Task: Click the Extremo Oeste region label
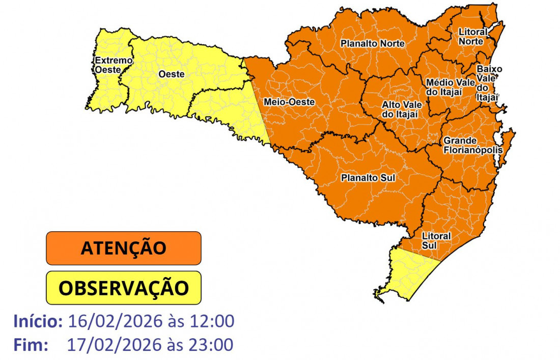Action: coord(107,65)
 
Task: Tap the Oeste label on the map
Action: coord(171,74)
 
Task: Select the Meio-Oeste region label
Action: coord(289,102)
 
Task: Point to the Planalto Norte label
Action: coord(373,44)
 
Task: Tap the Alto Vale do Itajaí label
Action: coord(400,109)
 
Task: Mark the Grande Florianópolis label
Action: coord(472,145)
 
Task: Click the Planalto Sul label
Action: coord(368,178)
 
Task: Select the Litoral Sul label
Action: coord(436,240)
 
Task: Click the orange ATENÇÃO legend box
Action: coord(124,248)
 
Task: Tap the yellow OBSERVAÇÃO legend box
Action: coord(124,288)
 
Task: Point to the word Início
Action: coord(38,321)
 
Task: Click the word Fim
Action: coord(31,345)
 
